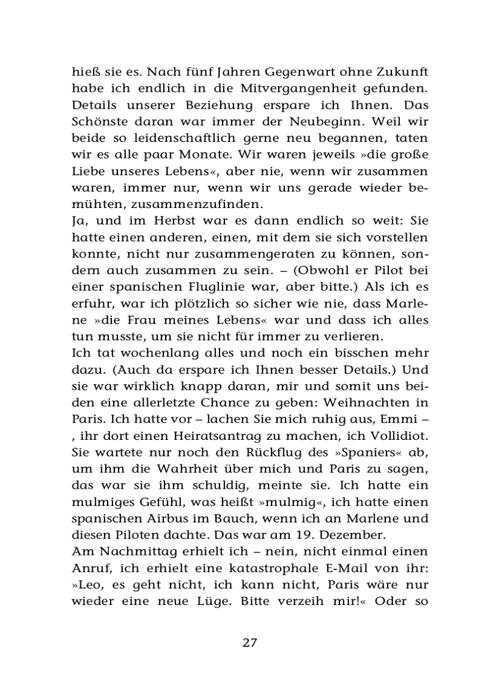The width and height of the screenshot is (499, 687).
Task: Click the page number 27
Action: click(x=250, y=642)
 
